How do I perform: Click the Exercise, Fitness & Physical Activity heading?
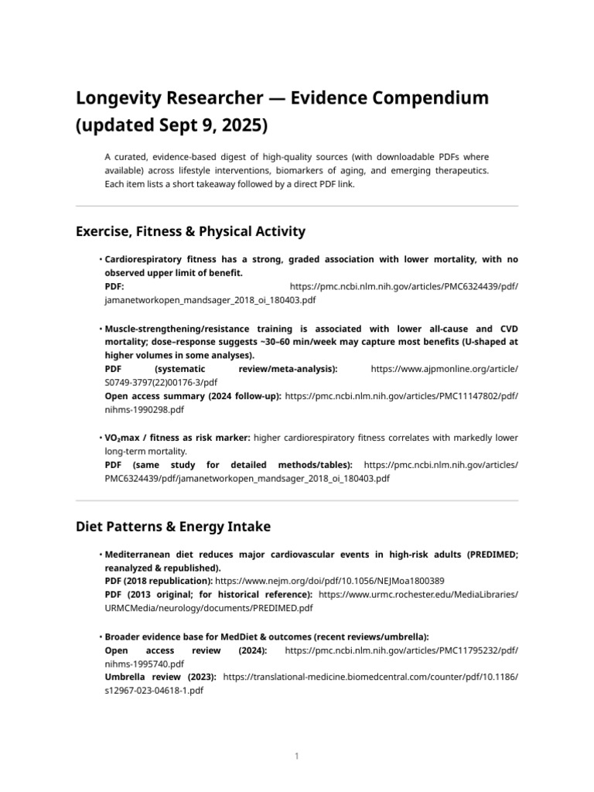[190, 231]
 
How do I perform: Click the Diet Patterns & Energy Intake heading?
[172, 527]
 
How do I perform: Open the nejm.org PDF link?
[329, 581]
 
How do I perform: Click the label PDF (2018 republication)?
[159, 581]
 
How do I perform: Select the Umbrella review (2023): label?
[160, 677]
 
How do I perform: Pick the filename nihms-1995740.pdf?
[144, 664]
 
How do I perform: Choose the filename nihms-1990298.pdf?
[144, 409]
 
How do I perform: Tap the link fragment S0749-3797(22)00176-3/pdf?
[161, 382]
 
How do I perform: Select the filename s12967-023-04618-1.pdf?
[154, 690]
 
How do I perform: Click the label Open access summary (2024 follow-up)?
[193, 396]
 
